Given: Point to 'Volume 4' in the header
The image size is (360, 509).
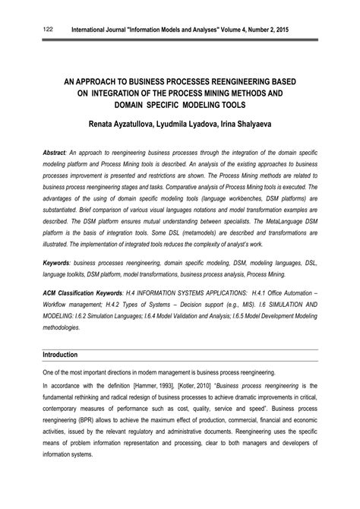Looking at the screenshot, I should pos(232,30).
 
